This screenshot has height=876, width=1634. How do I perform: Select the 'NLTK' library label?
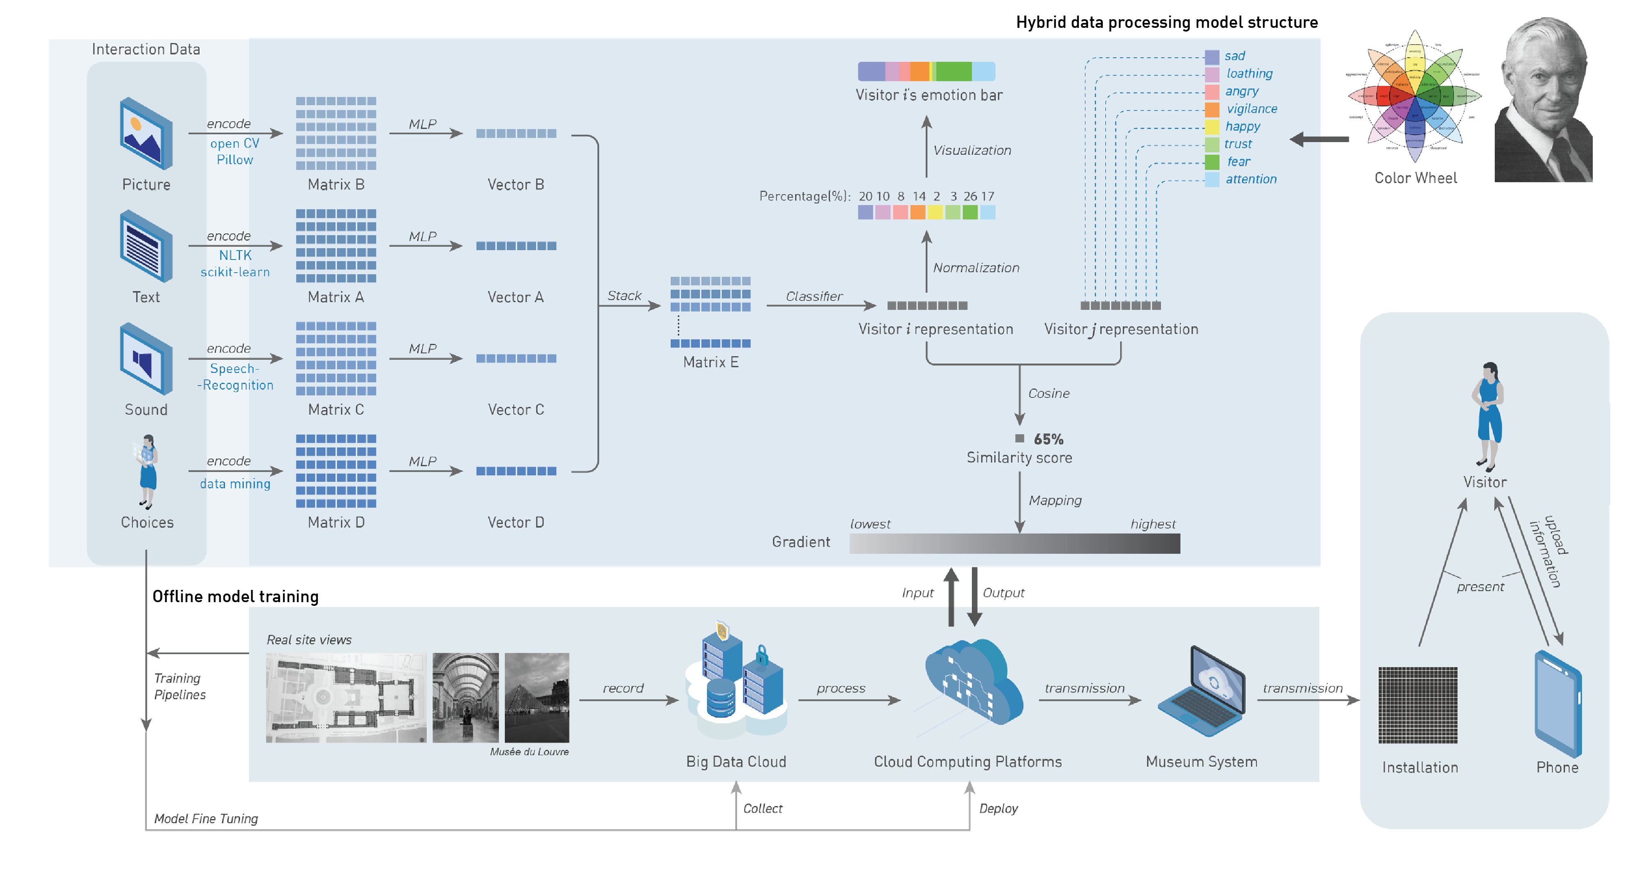click(x=235, y=255)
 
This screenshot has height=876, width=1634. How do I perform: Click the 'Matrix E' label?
click(x=711, y=362)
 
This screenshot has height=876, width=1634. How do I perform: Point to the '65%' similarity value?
click(x=1048, y=439)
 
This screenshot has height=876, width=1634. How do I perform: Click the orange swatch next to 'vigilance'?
click(x=1212, y=109)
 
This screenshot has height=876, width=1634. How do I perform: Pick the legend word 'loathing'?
click(x=1249, y=74)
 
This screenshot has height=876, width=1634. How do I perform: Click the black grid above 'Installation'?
click(x=1418, y=705)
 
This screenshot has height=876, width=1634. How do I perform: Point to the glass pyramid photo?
click(x=537, y=698)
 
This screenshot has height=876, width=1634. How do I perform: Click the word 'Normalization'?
click(x=975, y=268)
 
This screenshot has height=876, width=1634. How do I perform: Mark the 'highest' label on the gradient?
click(x=1153, y=524)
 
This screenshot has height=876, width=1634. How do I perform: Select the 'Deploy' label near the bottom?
click(x=998, y=809)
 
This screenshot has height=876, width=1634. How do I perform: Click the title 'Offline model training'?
click(x=235, y=596)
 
